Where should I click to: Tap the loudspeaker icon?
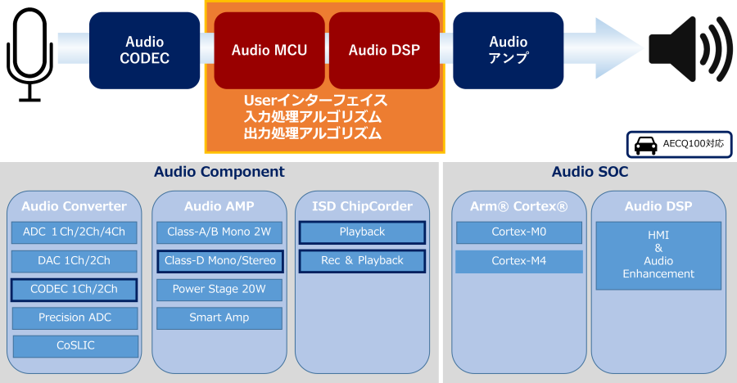click(x=690, y=49)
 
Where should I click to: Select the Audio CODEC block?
click(x=144, y=50)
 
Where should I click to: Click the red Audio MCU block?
click(x=269, y=50)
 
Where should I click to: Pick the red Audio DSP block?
click(x=385, y=50)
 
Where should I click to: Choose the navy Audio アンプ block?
click(x=508, y=50)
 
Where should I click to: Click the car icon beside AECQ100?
click(x=646, y=145)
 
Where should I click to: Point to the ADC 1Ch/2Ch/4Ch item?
click(x=75, y=232)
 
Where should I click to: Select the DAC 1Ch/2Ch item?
click(x=75, y=261)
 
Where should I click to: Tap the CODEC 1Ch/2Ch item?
click(x=75, y=290)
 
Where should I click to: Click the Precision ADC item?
click(x=75, y=318)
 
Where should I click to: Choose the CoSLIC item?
click(x=75, y=346)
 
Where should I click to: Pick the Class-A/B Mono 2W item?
click(x=219, y=232)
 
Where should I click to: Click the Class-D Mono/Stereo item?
click(x=220, y=261)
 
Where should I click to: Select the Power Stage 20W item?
click(x=219, y=290)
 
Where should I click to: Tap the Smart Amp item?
click(x=219, y=318)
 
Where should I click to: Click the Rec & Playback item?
click(x=363, y=261)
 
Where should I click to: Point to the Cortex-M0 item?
click(x=519, y=232)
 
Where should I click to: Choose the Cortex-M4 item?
click(x=519, y=261)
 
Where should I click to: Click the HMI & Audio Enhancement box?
click(x=658, y=255)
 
